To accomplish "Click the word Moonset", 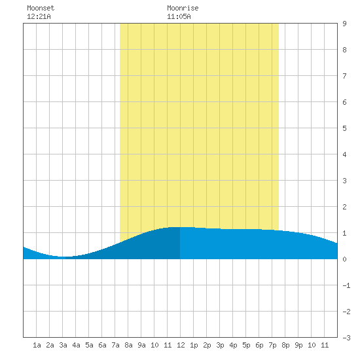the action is [x=41, y=8].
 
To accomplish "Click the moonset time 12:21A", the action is [x=39, y=16].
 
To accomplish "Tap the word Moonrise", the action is [x=183, y=8].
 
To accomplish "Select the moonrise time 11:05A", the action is [x=179, y=16].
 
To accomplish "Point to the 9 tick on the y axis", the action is [x=344, y=24].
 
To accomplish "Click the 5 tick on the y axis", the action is [x=344, y=128].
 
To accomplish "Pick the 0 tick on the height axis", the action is [x=344, y=259].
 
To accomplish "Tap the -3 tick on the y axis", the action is [x=346, y=338].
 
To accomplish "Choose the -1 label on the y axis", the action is [x=346, y=285].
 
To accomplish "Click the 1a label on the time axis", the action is [x=37, y=345].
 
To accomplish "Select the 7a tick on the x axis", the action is [x=115, y=345].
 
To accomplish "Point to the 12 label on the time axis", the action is [x=181, y=345].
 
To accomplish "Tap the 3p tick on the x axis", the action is [x=220, y=345].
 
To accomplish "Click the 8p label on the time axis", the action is [x=285, y=345].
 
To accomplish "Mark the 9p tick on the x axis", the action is [x=298, y=345].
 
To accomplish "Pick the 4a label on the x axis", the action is [x=76, y=345].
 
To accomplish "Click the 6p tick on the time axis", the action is [x=259, y=345].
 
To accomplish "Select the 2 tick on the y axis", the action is [x=344, y=207].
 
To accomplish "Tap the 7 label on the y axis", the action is [x=344, y=76].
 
